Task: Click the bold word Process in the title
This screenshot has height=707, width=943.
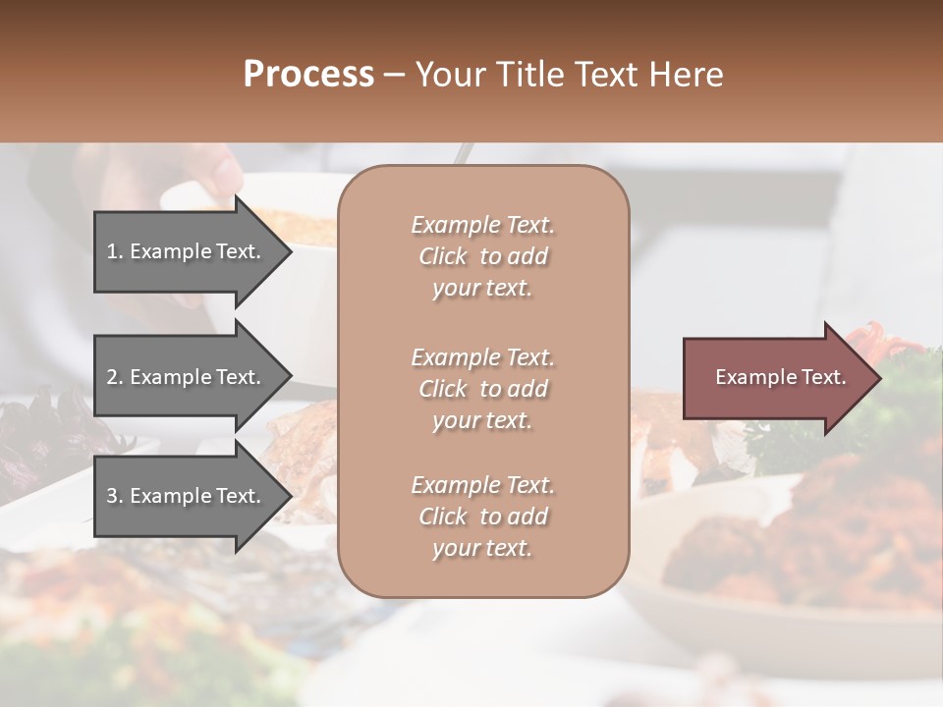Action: tap(308, 75)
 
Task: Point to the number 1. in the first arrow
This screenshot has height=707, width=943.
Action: tap(116, 251)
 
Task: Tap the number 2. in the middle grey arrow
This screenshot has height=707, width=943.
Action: tap(116, 377)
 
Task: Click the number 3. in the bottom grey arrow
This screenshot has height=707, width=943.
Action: tap(116, 496)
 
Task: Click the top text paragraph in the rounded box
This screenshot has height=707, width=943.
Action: tap(482, 256)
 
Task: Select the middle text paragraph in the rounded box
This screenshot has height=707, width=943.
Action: tap(482, 389)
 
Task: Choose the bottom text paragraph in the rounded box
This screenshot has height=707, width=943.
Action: tap(482, 517)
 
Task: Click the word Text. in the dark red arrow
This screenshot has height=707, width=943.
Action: tap(824, 377)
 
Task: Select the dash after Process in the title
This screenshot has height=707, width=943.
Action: tap(394, 75)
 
